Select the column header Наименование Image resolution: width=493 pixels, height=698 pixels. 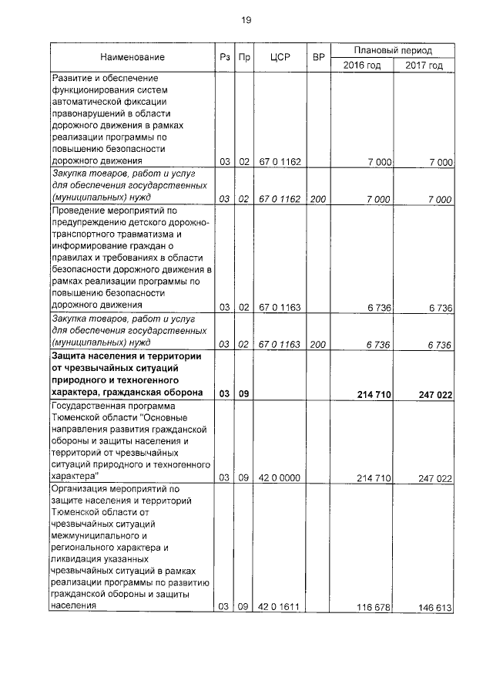pos(131,57)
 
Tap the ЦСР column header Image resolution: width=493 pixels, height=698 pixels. pos(279,57)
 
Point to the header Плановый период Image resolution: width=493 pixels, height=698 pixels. pos(393,49)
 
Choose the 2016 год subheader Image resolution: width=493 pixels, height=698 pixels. pos(362,65)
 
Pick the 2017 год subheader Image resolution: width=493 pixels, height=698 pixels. pos(424,65)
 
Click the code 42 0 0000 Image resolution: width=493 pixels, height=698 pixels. pos(279,478)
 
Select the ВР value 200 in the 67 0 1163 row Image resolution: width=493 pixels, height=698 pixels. pos(317,345)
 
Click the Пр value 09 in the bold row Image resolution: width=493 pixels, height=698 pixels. pos(243,394)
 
